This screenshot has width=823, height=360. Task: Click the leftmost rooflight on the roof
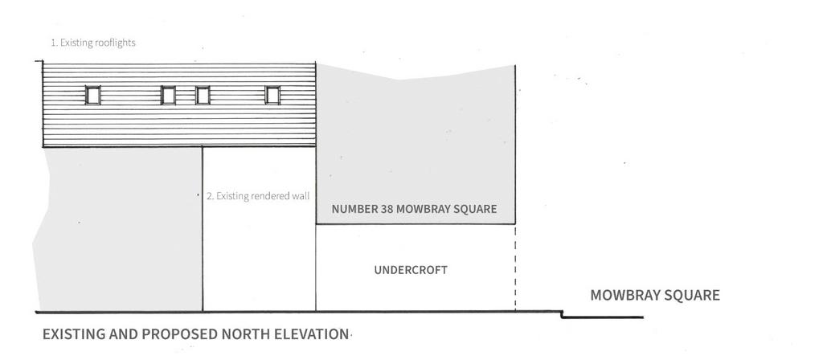click(x=93, y=95)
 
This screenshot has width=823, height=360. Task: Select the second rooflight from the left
click(x=168, y=95)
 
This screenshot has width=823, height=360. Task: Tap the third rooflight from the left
click(x=203, y=95)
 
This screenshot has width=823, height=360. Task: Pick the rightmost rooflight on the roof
click(x=272, y=95)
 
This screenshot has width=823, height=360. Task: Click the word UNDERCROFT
click(x=411, y=270)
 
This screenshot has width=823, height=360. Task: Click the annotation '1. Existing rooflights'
click(x=93, y=43)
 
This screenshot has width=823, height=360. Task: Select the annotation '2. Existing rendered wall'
click(x=258, y=196)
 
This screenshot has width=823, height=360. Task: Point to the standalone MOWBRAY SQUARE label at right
click(x=655, y=295)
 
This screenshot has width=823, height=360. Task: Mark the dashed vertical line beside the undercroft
click(x=515, y=268)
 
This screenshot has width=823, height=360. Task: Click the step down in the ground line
click(x=562, y=314)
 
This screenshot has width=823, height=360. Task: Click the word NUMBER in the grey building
click(x=354, y=209)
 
